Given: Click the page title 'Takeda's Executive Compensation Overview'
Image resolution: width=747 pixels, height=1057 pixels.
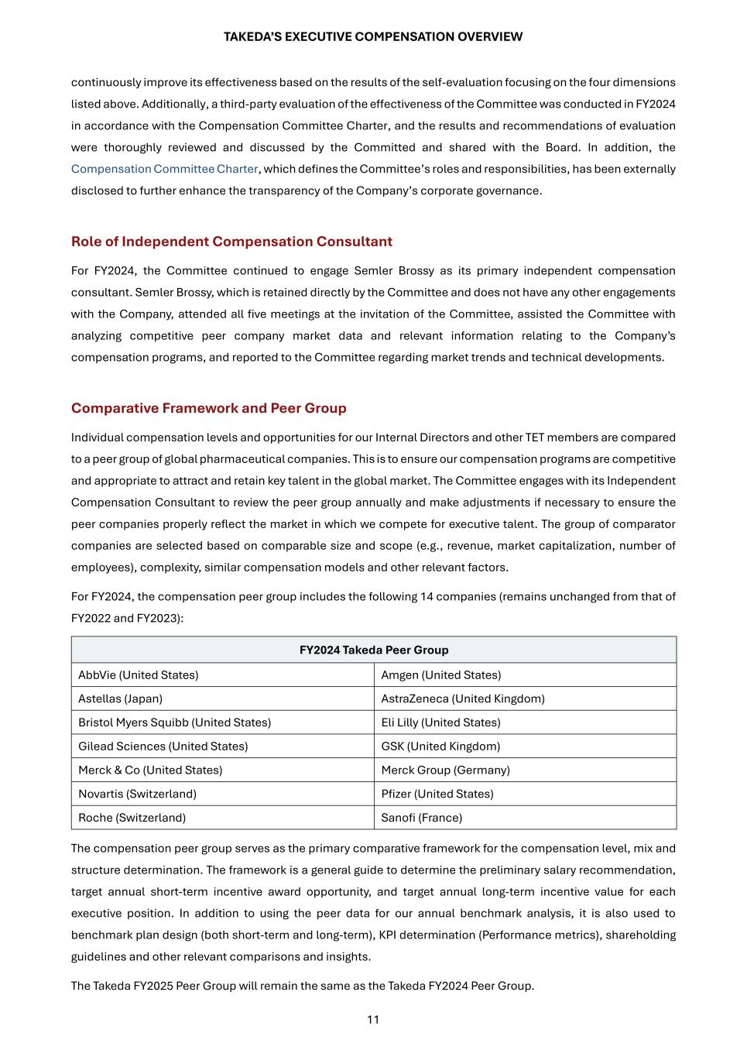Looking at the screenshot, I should [x=373, y=36].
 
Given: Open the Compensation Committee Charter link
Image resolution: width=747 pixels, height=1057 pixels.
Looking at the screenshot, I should [x=164, y=169].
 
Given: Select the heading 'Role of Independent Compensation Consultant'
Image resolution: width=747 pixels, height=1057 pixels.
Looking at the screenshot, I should [x=231, y=242].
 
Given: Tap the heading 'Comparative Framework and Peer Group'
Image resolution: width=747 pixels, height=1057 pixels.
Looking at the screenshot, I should [x=209, y=408].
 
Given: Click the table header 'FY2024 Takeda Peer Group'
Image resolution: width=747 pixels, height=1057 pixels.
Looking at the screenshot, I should [x=374, y=650].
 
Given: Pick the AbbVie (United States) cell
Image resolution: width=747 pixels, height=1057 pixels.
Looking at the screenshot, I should [x=139, y=675].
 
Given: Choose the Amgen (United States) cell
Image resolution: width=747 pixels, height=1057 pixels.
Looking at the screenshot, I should [x=441, y=675].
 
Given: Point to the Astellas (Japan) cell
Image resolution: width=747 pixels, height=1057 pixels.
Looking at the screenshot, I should [x=121, y=698].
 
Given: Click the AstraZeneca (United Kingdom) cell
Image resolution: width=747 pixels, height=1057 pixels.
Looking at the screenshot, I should [x=463, y=698].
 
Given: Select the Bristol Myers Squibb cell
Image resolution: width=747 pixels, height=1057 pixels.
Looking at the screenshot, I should [x=175, y=722].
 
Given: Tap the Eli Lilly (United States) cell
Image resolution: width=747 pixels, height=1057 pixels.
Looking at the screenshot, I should [x=441, y=722].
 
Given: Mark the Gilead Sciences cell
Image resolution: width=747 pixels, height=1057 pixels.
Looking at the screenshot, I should [x=163, y=746].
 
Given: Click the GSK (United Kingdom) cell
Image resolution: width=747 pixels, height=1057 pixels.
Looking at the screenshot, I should [x=441, y=746].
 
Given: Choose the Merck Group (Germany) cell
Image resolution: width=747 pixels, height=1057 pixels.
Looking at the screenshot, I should [x=446, y=770].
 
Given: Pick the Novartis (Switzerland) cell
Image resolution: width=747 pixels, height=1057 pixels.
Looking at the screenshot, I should [x=138, y=794].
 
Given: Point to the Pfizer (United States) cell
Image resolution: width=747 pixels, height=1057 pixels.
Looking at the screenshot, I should [x=437, y=794].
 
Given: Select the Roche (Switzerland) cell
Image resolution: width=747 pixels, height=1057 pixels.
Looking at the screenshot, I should [x=132, y=818].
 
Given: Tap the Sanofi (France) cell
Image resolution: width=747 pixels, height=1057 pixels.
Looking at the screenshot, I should [x=422, y=818].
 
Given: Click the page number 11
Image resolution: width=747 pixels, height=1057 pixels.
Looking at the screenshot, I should [x=373, y=1019].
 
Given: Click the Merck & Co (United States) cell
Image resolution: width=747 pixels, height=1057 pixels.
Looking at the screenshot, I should [x=150, y=770].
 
